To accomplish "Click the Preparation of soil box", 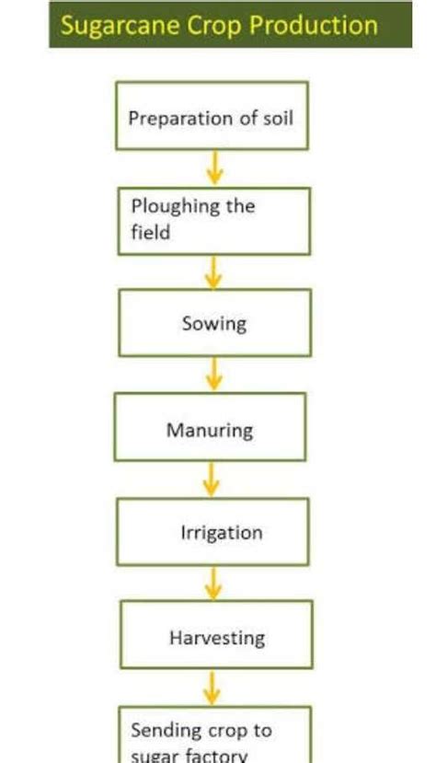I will click(x=212, y=116).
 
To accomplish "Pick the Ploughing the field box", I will click(x=214, y=221).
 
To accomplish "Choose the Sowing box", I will click(x=214, y=323).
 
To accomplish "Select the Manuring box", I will click(x=210, y=428).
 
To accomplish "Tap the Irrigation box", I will click(x=212, y=532).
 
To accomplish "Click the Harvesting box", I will click(x=214, y=636).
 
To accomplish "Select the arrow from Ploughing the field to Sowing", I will click(x=213, y=272).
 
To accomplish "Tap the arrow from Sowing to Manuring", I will click(x=213, y=375).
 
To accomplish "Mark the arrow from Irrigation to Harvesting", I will click(x=213, y=583).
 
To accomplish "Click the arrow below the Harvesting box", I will click(x=213, y=686).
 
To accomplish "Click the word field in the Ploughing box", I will click(x=150, y=233).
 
